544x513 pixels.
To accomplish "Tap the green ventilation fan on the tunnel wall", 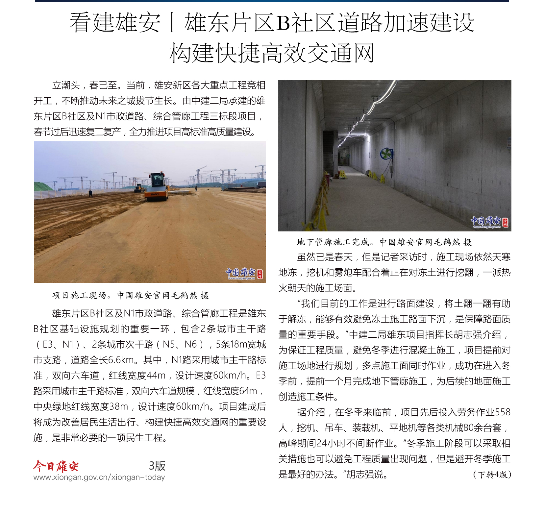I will point(386,154).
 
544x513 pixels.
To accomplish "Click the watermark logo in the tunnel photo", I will point(489,222).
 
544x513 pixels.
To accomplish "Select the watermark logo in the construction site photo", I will point(244,273).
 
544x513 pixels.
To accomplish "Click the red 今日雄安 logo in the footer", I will point(56,466).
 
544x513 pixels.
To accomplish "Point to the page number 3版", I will point(157,466).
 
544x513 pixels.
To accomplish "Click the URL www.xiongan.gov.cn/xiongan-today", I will point(99,477).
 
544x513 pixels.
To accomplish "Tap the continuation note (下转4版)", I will point(492,475).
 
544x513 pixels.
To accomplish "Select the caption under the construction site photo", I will point(131,295).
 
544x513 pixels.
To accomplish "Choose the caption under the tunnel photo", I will point(384,242).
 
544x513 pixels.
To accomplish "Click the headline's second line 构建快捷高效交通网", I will point(272,53).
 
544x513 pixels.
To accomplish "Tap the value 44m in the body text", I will point(156,375).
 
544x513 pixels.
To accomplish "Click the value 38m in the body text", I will point(119,406).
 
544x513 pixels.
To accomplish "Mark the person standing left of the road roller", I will point(90,193).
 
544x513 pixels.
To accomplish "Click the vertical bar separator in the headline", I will point(172,23).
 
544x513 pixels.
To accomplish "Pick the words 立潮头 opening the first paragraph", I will point(66,85).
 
